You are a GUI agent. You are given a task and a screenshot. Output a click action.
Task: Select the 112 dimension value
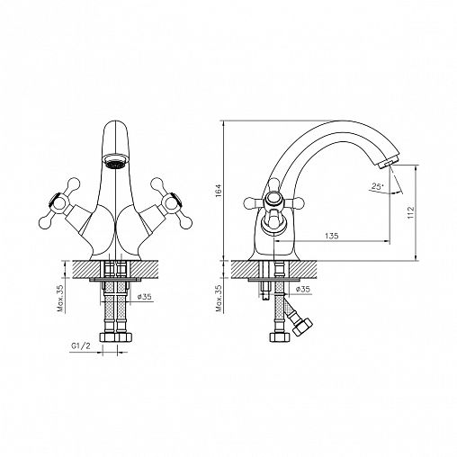click(410, 212)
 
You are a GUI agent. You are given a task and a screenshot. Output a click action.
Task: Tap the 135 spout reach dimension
click(332, 236)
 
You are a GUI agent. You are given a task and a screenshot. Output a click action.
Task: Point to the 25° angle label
click(377, 186)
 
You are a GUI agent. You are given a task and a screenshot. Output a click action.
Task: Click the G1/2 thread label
click(81, 346)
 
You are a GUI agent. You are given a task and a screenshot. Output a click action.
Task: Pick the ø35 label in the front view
click(144, 297)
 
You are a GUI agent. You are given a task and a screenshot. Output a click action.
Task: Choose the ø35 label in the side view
click(302, 289)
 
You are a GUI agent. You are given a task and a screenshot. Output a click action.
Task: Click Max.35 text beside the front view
click(61, 299)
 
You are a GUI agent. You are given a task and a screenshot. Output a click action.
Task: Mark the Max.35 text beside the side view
click(220, 299)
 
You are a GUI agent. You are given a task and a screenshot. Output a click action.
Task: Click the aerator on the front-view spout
click(115, 160)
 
